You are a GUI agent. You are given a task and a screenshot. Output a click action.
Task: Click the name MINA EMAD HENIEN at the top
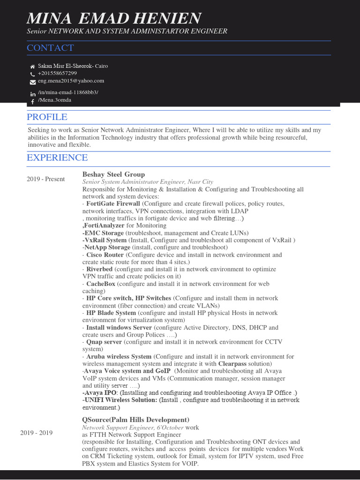114,18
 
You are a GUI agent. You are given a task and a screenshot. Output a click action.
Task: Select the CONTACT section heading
50,48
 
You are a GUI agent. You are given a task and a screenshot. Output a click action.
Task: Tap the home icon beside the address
32,67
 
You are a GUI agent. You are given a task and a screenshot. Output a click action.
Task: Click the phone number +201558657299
57,74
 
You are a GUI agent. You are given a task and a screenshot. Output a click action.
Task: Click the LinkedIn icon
33,94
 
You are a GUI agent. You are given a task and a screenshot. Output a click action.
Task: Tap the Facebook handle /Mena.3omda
54,100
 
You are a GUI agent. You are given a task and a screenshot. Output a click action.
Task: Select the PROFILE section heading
47,117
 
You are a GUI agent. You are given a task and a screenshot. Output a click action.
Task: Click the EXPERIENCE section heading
57,158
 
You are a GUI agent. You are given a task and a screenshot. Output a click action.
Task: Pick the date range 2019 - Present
45,179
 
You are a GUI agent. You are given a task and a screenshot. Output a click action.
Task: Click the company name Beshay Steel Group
113,174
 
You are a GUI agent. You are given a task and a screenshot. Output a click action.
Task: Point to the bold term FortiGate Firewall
113,204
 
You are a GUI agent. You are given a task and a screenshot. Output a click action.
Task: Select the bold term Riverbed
99,269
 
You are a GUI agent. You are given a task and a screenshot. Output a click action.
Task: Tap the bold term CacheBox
101,284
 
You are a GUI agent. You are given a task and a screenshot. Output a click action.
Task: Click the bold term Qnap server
104,342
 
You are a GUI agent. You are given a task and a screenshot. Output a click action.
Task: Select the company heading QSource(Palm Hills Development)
135,420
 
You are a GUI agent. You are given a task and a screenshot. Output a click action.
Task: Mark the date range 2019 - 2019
36,433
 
